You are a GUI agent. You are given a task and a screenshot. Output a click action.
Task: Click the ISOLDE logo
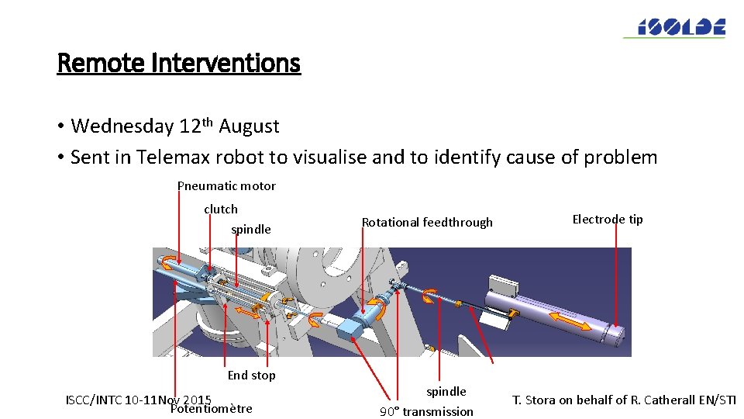tap(674, 27)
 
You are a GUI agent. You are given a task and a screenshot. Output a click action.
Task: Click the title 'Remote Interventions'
tap(178, 63)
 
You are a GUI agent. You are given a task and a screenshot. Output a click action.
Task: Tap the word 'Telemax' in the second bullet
tap(170, 158)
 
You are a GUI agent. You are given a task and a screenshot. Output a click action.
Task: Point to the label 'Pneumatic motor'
tap(226, 186)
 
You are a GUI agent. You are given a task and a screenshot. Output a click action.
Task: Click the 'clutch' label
tap(221, 209)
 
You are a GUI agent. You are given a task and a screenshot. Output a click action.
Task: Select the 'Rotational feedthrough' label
tap(427, 223)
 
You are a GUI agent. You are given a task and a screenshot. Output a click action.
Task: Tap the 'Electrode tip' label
tap(608, 220)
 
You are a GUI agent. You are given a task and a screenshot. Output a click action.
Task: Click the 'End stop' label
tap(251, 376)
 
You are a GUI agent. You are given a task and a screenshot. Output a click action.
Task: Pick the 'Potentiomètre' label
tap(211, 409)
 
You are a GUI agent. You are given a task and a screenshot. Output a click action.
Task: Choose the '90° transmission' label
tap(426, 411)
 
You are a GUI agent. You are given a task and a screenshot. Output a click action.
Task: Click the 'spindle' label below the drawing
tap(446, 392)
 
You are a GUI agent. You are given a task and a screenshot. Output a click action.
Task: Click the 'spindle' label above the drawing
tap(251, 230)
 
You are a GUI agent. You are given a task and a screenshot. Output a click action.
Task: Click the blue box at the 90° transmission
tap(350, 328)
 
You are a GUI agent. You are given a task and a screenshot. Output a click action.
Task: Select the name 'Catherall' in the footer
tap(670, 400)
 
